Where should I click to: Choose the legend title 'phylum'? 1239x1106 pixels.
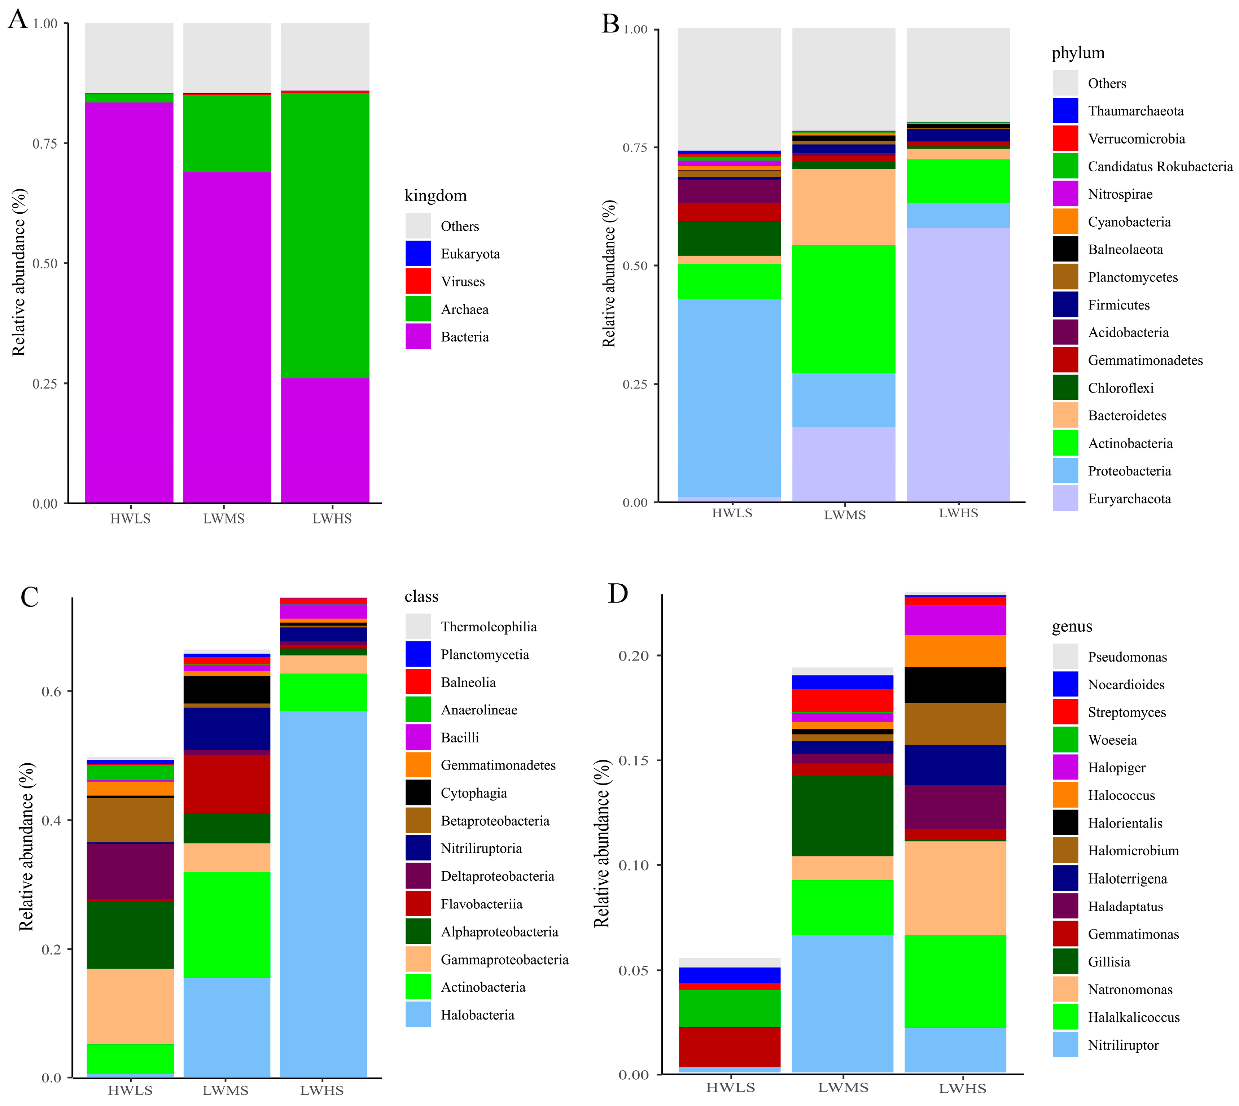[1078, 53]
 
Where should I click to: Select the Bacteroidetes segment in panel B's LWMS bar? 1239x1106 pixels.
[844, 207]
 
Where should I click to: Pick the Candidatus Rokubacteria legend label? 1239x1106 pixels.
[1160, 167]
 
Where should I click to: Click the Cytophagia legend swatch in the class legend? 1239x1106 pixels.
[418, 793]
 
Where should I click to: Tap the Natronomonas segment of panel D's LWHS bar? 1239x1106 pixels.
[955, 888]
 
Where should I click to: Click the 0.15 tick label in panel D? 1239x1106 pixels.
[633, 760]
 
